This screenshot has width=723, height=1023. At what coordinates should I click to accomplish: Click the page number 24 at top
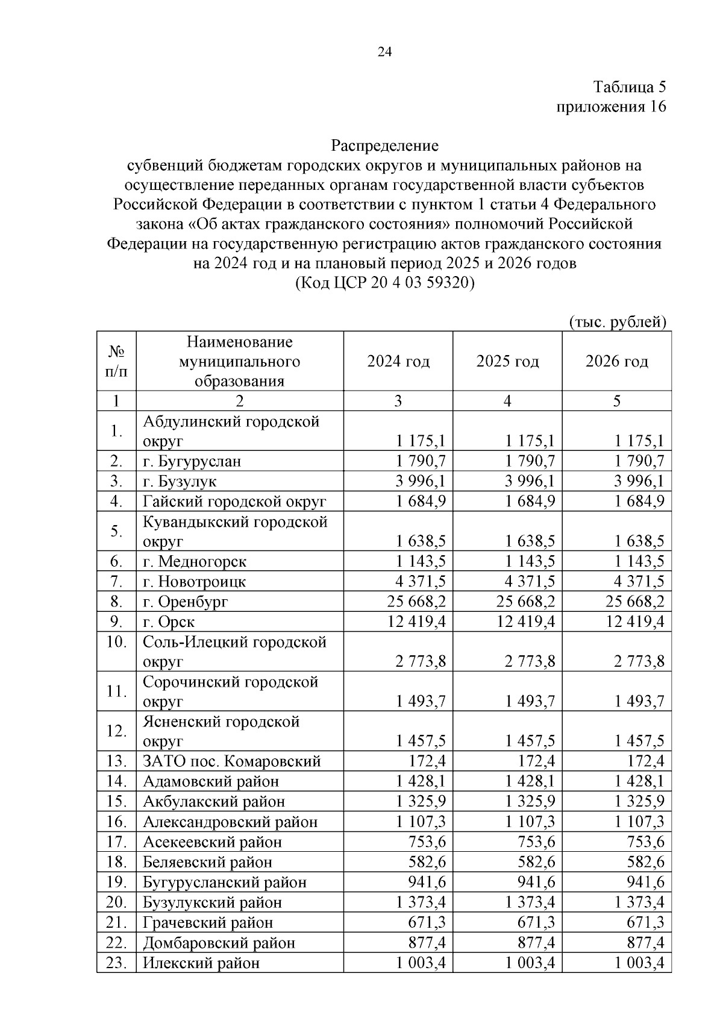(x=384, y=52)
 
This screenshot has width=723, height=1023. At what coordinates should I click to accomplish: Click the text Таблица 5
(x=630, y=87)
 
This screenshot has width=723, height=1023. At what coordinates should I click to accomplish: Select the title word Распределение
(x=384, y=145)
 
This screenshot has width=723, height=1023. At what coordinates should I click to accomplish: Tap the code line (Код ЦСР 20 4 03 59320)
(x=384, y=283)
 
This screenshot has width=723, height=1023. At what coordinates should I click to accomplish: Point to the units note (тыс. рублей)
(x=618, y=322)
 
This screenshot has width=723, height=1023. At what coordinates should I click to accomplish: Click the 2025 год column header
(x=507, y=361)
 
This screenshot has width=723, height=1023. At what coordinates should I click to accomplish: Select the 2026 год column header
(x=616, y=361)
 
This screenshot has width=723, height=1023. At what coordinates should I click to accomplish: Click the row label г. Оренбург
(x=186, y=602)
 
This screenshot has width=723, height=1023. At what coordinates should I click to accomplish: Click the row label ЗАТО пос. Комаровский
(x=232, y=761)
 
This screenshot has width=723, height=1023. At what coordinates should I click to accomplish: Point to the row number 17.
(x=116, y=842)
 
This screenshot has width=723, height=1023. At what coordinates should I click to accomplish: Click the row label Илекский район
(x=201, y=963)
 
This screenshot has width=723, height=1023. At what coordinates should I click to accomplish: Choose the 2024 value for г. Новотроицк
(x=421, y=582)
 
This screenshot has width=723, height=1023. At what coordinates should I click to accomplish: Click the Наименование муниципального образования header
(x=239, y=362)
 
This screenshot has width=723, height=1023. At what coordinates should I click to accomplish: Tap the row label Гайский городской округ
(x=234, y=502)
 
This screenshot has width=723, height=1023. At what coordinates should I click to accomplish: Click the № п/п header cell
(x=116, y=361)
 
